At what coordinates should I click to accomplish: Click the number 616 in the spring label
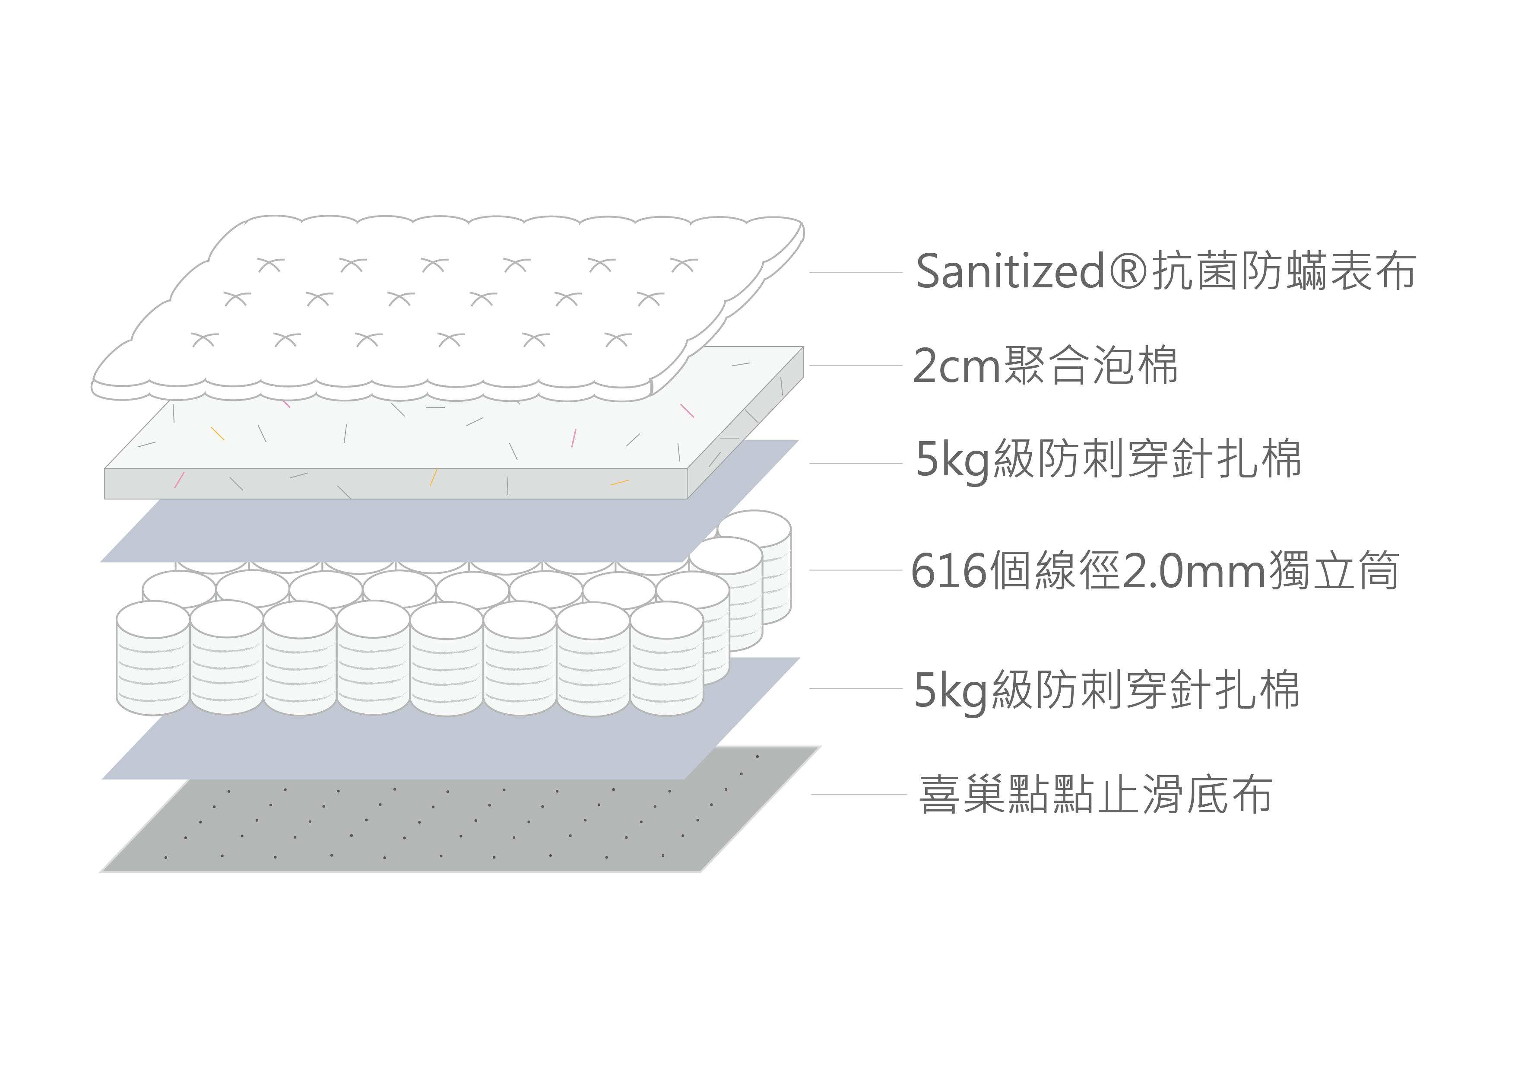click(x=950, y=570)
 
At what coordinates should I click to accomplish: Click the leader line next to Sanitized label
click(x=856, y=272)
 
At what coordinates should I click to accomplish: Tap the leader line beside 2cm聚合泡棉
click(x=856, y=365)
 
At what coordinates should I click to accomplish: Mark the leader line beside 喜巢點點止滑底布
click(x=859, y=795)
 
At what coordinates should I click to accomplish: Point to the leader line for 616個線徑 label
click(x=856, y=569)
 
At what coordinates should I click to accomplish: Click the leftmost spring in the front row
click(x=153, y=658)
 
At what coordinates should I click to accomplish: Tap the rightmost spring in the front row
click(x=666, y=658)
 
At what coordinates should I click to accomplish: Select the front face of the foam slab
click(x=396, y=484)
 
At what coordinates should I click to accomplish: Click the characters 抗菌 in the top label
click(x=1196, y=271)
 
